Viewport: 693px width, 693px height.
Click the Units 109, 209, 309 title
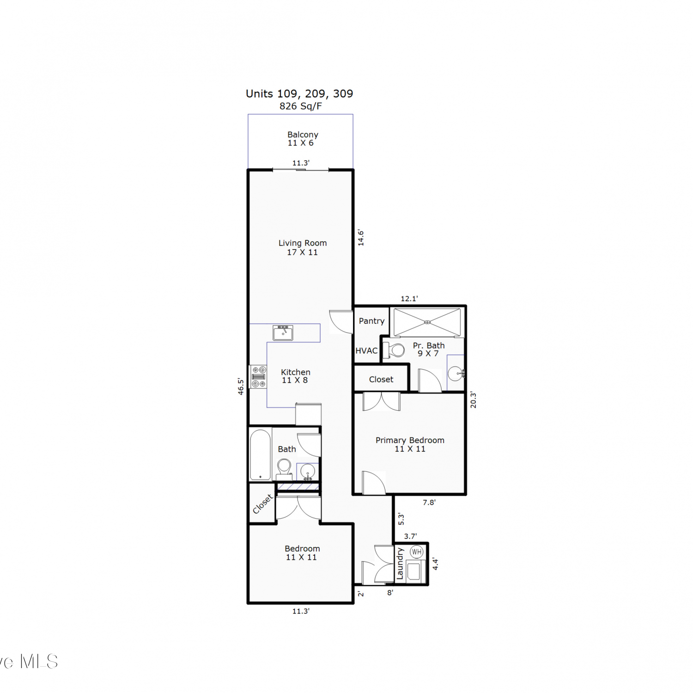pos(299,94)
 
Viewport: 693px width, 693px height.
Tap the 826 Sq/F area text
pos(300,106)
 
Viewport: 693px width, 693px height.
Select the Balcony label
pos(303,134)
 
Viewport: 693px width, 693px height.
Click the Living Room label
pos(303,243)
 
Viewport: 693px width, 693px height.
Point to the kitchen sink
pos(283,333)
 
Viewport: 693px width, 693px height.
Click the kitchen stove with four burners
pos(258,377)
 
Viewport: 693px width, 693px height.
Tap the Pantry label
pos(371,321)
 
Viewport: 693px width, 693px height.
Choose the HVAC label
pos(366,351)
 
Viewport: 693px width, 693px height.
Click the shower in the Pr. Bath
pos(427,322)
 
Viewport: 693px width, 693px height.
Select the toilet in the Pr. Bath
pos(394,351)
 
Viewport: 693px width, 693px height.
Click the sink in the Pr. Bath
pos(456,372)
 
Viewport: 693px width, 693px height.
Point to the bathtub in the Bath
pos(260,455)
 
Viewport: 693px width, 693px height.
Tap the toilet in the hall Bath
pos(284,468)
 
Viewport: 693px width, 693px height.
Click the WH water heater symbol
pos(417,552)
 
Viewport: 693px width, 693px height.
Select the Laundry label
pos(400,564)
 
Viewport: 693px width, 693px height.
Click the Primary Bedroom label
pos(410,440)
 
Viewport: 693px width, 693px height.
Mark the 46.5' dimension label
pos(241,386)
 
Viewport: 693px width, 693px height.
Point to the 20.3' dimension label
pos(473,400)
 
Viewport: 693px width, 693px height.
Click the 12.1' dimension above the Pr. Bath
pos(409,299)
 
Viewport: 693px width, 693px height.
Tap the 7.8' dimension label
pos(429,502)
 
